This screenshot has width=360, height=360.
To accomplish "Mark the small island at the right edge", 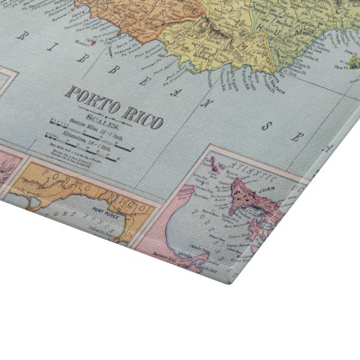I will [x=355, y=63].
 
